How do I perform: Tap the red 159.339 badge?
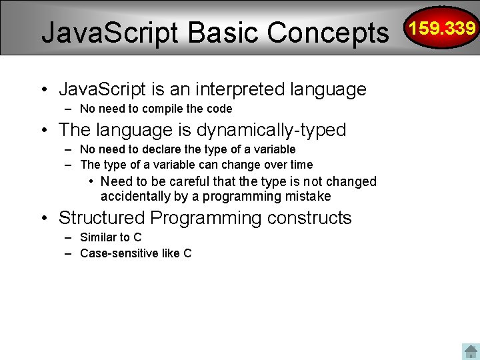[x=443, y=28]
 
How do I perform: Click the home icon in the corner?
[x=470, y=351]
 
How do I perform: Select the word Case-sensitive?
[x=118, y=253]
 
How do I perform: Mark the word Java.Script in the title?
[x=111, y=32]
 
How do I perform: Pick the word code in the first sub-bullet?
[x=219, y=109]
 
